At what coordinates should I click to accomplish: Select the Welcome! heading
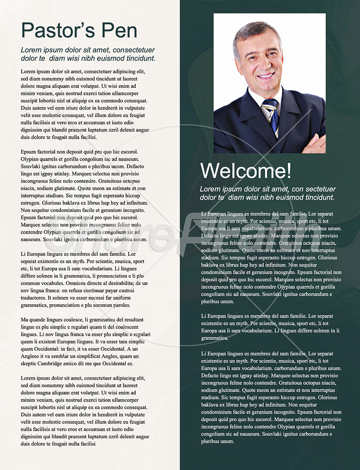pos(246,171)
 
